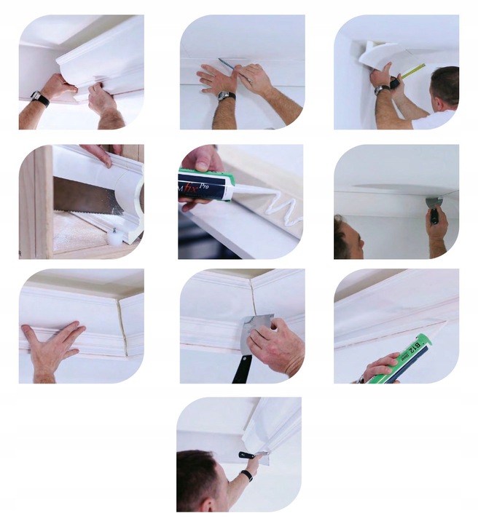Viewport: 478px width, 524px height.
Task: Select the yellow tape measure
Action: coord(414,70)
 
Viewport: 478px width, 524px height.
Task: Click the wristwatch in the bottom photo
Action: coord(248,476)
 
